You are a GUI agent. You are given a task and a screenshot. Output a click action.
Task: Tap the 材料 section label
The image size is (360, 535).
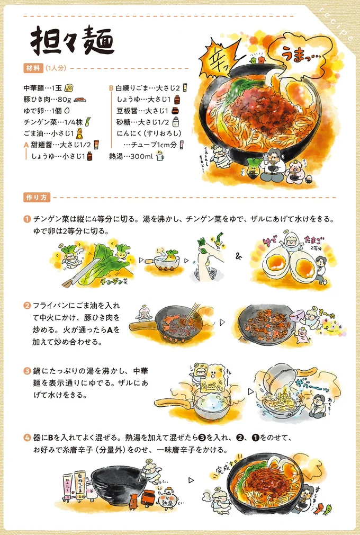(x=32, y=68)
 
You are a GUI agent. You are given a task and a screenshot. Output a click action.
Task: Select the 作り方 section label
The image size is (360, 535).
(x=37, y=198)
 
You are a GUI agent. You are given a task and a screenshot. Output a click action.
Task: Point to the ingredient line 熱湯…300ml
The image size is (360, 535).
(x=131, y=156)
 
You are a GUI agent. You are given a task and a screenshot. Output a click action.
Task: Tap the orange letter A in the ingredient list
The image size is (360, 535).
(x=26, y=145)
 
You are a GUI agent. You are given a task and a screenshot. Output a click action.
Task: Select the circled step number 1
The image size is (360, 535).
(x=26, y=219)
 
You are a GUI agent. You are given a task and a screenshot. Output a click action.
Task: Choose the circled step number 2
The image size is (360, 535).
(x=26, y=306)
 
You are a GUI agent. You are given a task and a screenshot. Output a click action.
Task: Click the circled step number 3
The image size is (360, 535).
(x=26, y=370)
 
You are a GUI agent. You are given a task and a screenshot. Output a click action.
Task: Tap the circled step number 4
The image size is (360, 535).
(x=26, y=438)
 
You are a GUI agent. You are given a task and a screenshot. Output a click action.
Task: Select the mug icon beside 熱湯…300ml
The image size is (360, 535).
(x=160, y=156)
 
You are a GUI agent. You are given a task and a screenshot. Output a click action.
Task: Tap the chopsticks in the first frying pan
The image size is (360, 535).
(x=194, y=310)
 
